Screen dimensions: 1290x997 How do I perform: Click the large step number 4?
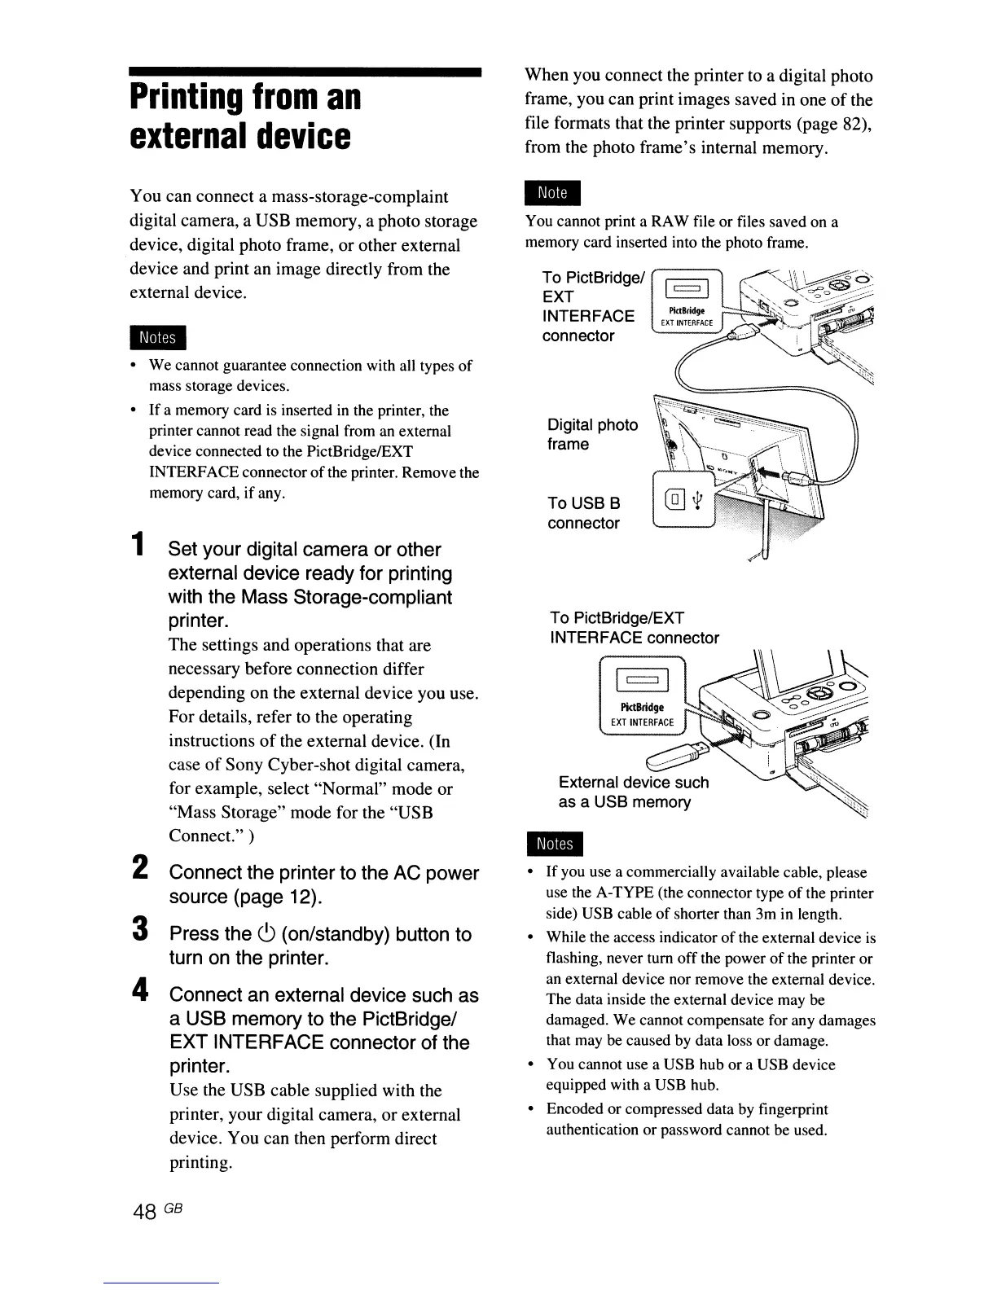coord(140,990)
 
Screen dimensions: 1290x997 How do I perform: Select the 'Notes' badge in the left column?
coord(158,337)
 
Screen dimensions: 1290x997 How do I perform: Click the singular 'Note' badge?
coord(553,193)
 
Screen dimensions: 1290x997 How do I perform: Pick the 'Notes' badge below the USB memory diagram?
coord(554,844)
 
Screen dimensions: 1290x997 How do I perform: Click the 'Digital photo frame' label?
coord(592,434)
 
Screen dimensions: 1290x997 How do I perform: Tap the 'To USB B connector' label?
coord(584,513)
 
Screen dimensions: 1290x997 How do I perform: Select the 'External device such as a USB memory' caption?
coord(633,792)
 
